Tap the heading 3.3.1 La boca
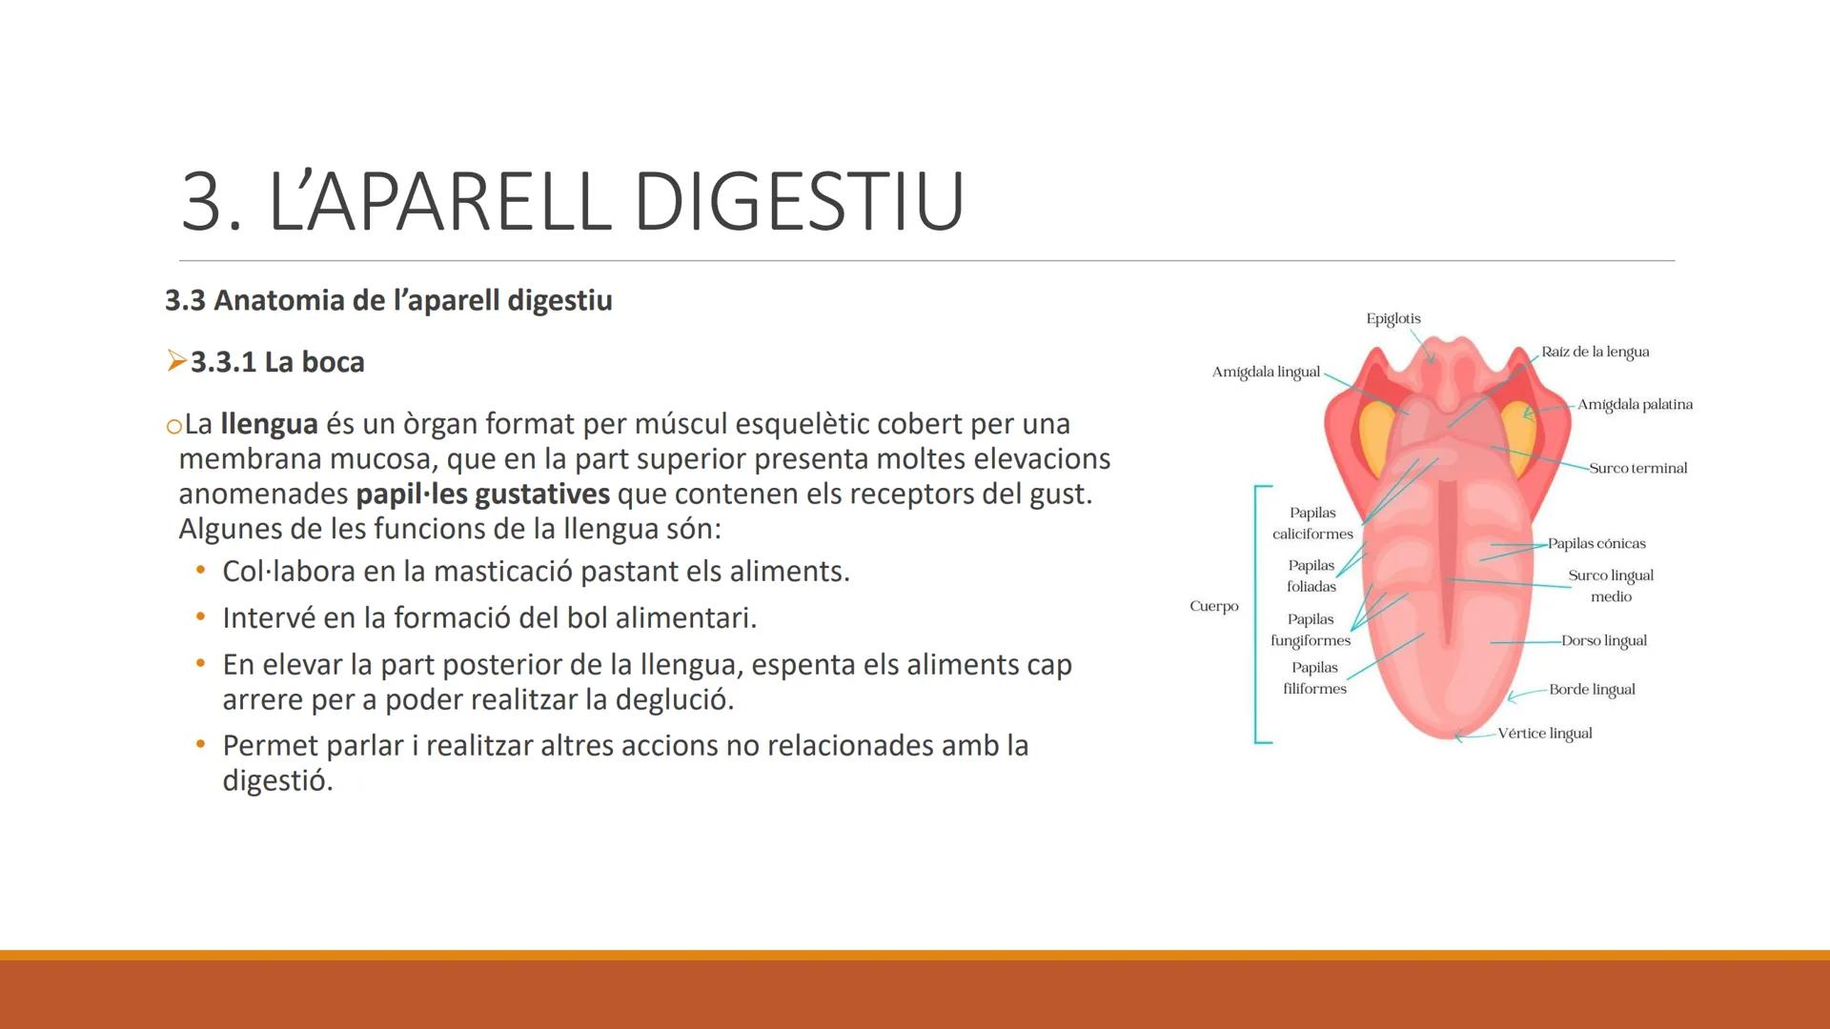(277, 362)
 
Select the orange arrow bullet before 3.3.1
(175, 361)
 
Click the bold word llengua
(269, 423)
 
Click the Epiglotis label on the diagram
(1393, 318)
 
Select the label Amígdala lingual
(1266, 372)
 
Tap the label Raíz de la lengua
(1595, 352)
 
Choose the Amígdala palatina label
(1635, 404)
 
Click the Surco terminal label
(1637, 468)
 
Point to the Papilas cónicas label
(1596, 543)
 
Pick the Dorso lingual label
(1603, 640)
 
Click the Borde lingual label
(1592, 689)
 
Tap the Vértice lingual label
(1544, 733)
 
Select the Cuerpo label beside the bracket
(1213, 606)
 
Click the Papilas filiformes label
(1314, 677)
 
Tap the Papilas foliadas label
(1311, 575)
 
